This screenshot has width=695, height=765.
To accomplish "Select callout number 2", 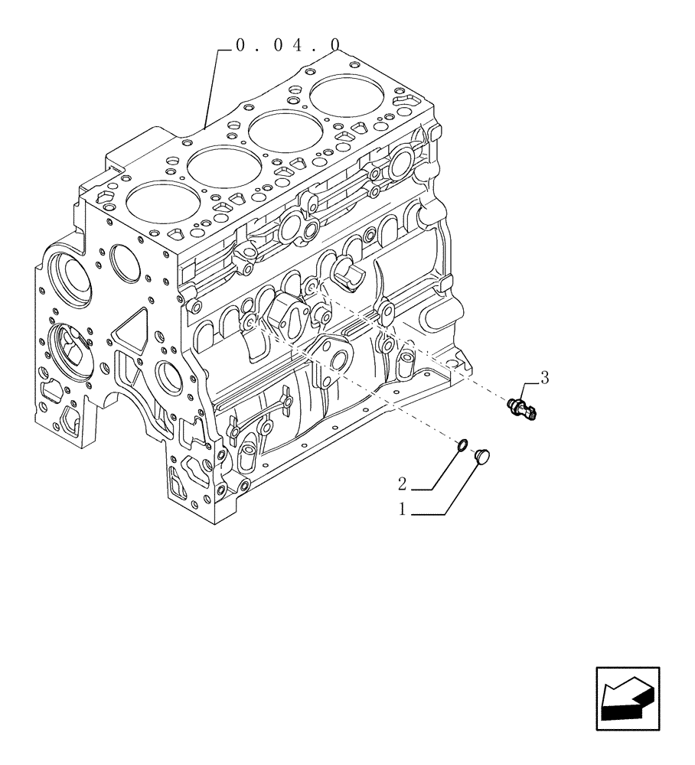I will (402, 483).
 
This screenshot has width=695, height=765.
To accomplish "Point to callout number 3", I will (544, 377).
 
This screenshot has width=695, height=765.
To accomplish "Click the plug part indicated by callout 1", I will (482, 457).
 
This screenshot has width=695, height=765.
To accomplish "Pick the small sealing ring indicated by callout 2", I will (462, 446).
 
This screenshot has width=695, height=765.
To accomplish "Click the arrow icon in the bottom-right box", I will (627, 698).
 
